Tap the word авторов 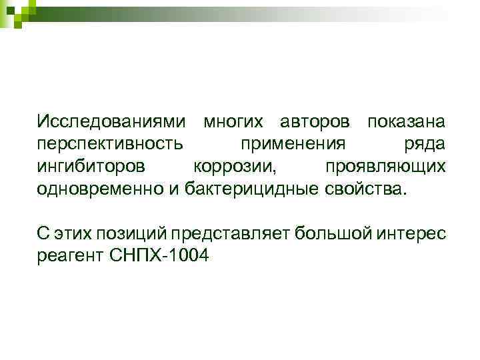point(314,122)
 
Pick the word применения point(293,144)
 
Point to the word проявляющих point(385,166)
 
